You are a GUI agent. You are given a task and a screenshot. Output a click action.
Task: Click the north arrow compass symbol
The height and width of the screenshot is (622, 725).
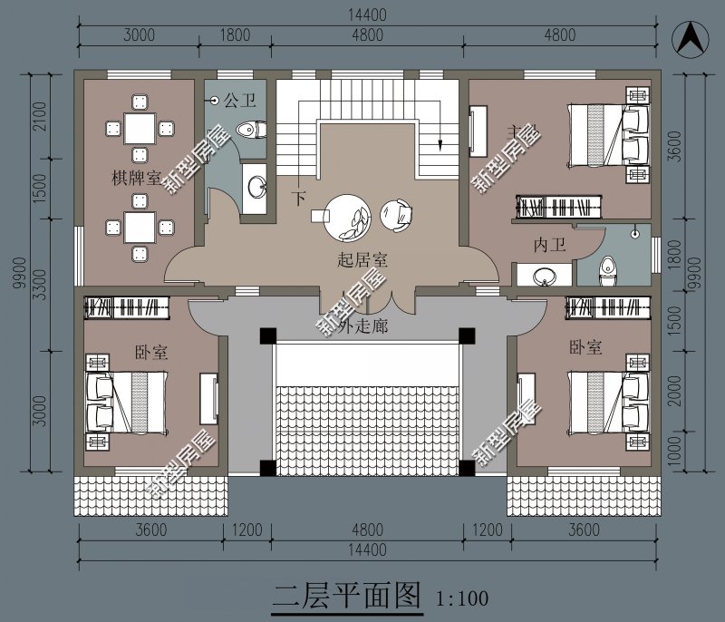(688, 39)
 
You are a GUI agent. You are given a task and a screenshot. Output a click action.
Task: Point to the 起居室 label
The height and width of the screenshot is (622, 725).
(362, 260)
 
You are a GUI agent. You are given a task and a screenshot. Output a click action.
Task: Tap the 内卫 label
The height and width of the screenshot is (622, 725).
(550, 245)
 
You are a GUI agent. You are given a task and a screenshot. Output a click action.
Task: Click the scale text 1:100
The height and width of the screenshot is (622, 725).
(461, 598)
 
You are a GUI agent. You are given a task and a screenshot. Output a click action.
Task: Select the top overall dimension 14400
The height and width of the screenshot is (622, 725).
(364, 15)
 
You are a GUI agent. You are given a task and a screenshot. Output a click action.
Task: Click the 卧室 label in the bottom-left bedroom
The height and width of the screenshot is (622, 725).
(152, 352)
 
